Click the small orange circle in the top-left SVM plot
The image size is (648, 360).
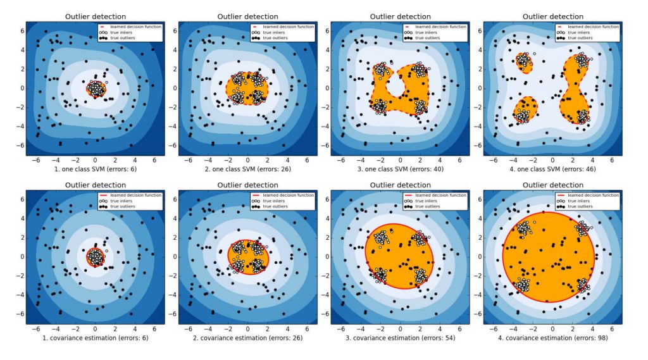[x=96, y=89]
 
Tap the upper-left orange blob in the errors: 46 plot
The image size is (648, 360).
[x=524, y=61]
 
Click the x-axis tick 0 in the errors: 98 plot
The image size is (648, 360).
[x=552, y=329]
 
